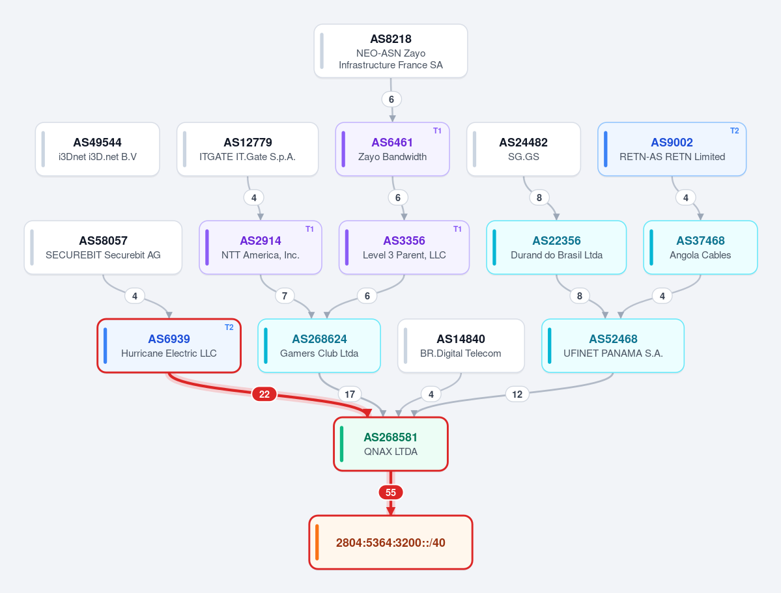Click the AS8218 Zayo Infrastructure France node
(391, 51)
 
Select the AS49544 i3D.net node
(98, 149)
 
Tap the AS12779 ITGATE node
(248, 149)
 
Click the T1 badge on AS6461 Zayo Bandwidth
(437, 131)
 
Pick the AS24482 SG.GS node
(524, 149)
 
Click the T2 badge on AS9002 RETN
(735, 131)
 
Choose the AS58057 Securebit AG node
(103, 247)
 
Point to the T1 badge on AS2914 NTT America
(310, 229)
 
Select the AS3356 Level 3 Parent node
(404, 247)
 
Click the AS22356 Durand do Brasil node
(556, 247)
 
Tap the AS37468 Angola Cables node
(700, 247)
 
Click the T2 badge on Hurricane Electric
(229, 327)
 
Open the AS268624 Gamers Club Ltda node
(319, 346)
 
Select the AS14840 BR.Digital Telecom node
(461, 346)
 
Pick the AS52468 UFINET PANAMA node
(613, 346)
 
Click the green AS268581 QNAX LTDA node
(391, 444)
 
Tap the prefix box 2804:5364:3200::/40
(391, 542)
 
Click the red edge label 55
(391, 492)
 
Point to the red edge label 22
(264, 394)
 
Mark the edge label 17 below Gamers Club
(350, 394)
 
